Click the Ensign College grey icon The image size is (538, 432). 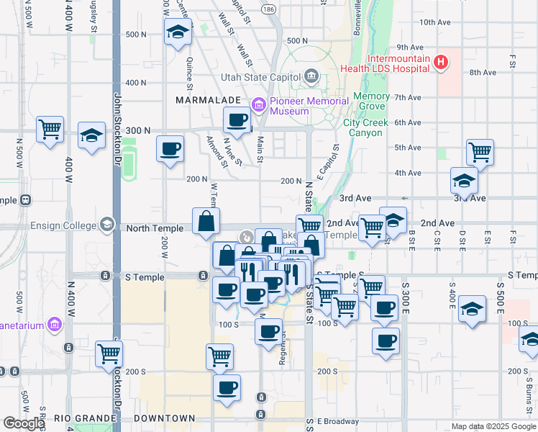pyautogui.click(x=108, y=225)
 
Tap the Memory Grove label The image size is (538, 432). pyautogui.click(x=371, y=101)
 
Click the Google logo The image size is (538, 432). pyautogui.click(x=23, y=423)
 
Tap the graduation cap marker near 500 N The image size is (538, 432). pyautogui.click(x=177, y=32)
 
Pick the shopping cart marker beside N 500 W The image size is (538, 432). pyautogui.click(x=50, y=130)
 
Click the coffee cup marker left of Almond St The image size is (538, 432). pyautogui.click(x=170, y=149)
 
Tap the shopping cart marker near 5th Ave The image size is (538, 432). pyautogui.click(x=480, y=152)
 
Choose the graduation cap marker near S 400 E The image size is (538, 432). pyautogui.click(x=472, y=308)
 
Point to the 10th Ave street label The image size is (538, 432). pyautogui.click(x=434, y=22)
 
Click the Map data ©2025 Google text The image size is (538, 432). pyautogui.click(x=493, y=426)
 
